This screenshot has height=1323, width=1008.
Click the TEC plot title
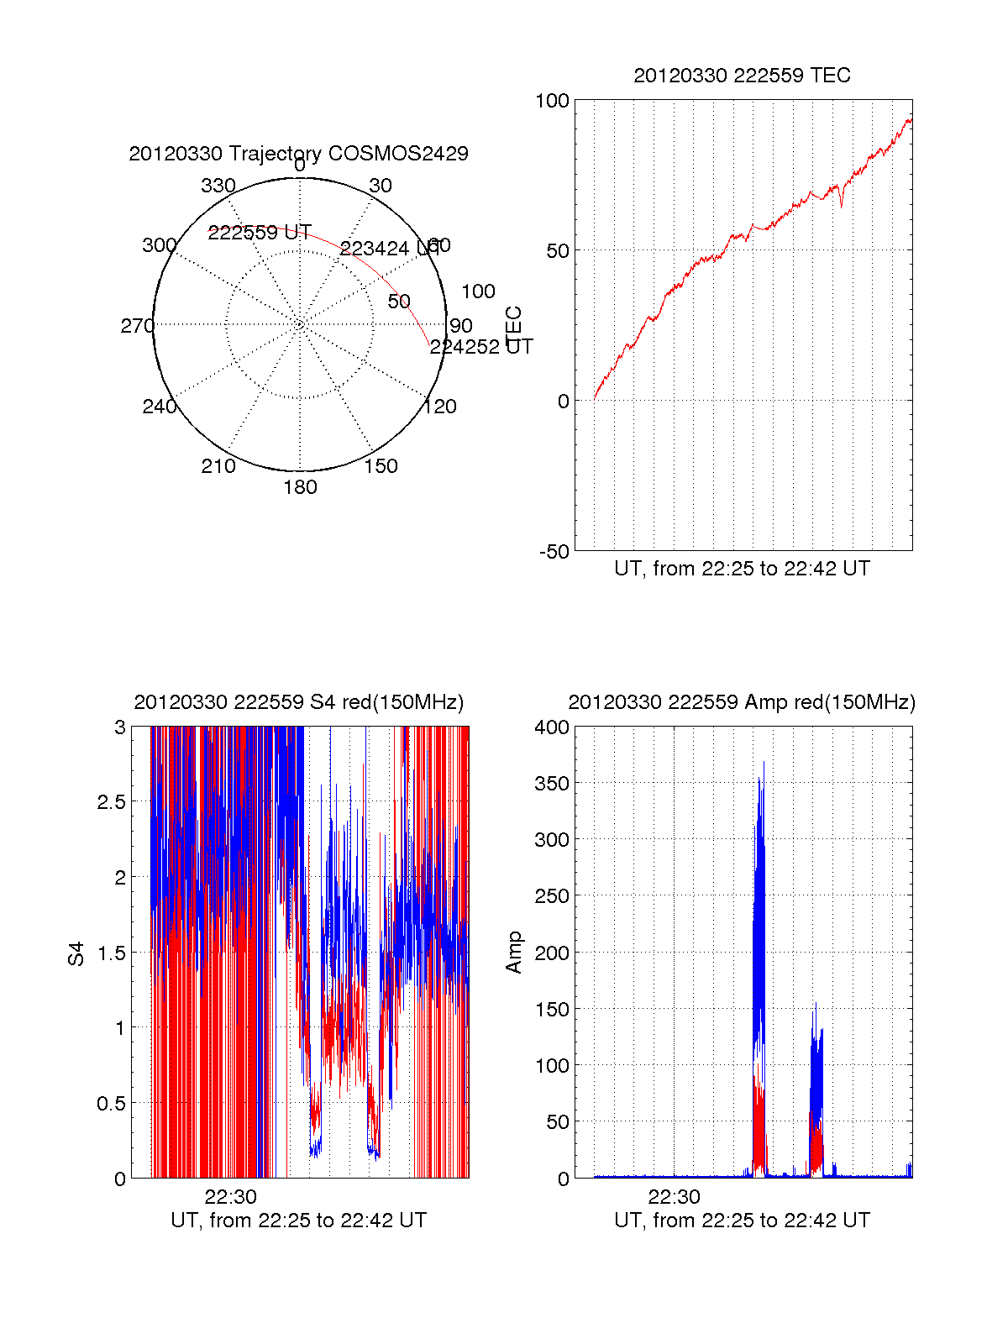pos(742,76)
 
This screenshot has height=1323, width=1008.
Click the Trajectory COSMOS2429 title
pos(298,154)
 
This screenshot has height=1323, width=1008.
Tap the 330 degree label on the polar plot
pos(218,186)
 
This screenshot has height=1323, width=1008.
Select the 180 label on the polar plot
pos(300,487)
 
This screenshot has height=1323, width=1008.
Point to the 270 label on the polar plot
pos(137,326)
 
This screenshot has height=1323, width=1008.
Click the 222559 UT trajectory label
pos(260,233)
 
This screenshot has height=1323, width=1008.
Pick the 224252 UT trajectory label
pos(481,347)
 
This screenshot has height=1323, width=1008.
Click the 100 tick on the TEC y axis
pos(552,101)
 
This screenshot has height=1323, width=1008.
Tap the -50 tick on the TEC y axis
pos(554,552)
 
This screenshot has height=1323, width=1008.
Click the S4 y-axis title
pos(76,953)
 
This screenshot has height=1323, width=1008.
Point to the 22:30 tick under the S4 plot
pos(231,1197)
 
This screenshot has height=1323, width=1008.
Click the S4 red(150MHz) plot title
pos(298,702)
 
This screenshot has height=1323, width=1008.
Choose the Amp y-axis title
pos(513,953)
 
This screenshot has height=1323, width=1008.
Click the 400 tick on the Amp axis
pos(552,727)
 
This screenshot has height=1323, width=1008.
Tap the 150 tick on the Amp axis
pos(552,1010)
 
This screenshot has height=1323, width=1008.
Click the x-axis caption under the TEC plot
pos(742,569)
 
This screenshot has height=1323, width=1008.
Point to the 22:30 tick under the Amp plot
pos(674,1197)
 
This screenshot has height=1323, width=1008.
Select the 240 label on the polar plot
pos(159,407)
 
